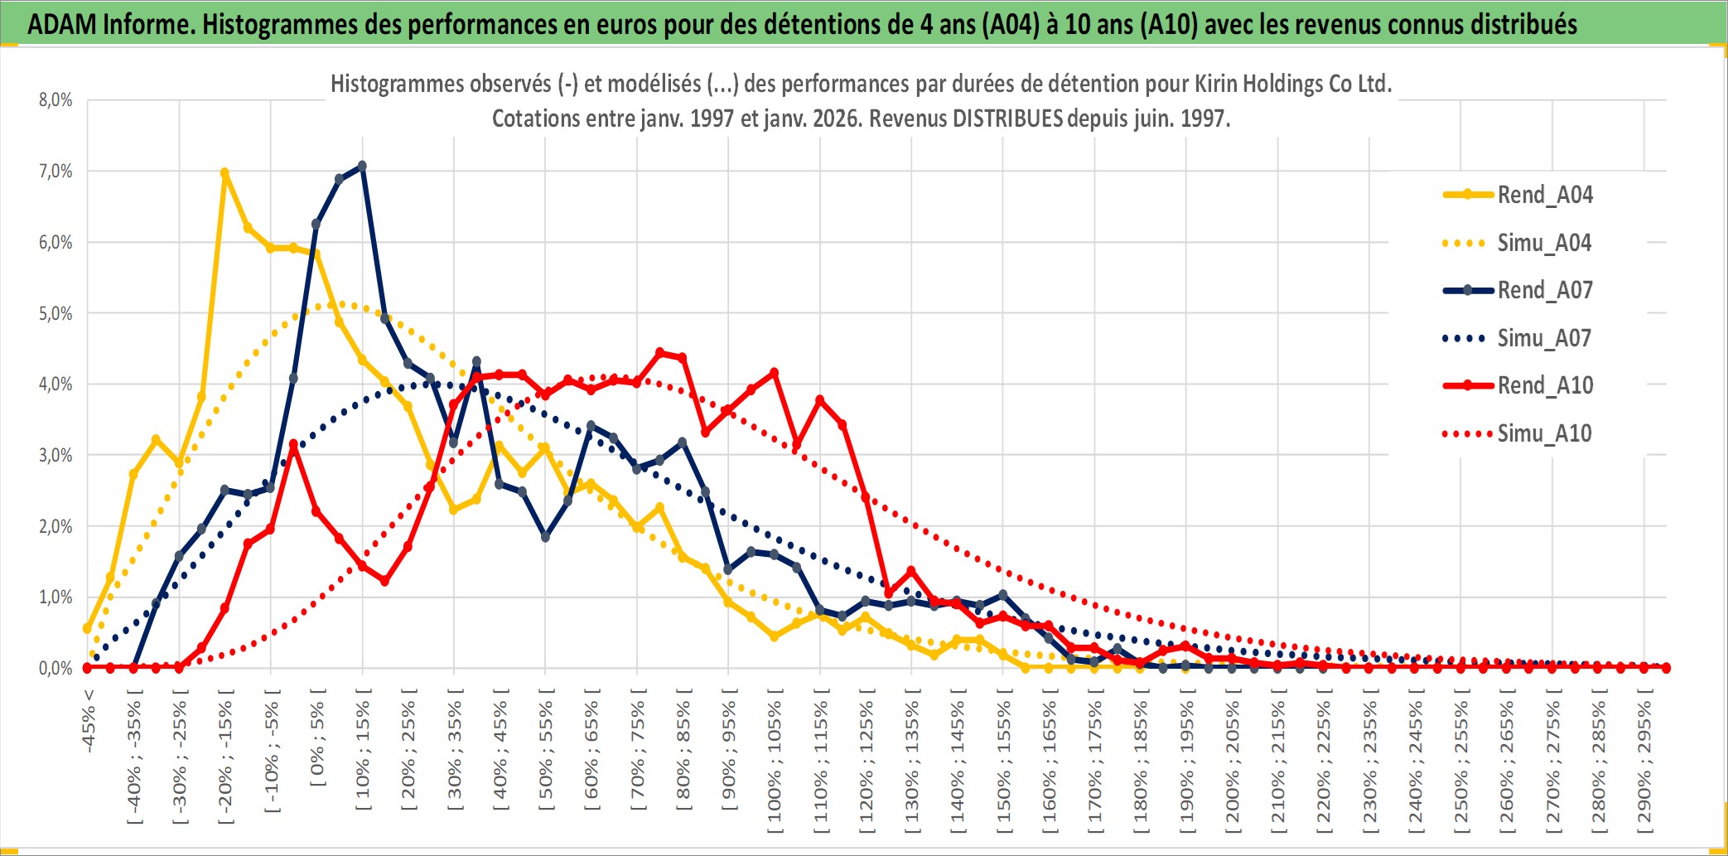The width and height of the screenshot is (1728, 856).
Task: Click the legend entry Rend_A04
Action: pyautogui.click(x=1544, y=195)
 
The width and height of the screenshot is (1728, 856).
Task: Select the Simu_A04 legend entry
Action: pyautogui.click(x=1544, y=243)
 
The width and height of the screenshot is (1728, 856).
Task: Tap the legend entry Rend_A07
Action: pyautogui.click(x=1544, y=290)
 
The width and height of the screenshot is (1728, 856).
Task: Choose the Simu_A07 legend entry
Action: pyautogui.click(x=1544, y=338)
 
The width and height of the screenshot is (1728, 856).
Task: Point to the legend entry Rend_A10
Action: pyautogui.click(x=1544, y=385)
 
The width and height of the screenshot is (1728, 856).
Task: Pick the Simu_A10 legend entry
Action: pyautogui.click(x=1544, y=433)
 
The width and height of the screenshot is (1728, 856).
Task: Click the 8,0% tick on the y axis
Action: pyautogui.click(x=56, y=100)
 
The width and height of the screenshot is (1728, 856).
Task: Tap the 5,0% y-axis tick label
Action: pyautogui.click(x=56, y=313)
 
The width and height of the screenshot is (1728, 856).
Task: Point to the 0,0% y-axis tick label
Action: pyautogui.click(x=56, y=668)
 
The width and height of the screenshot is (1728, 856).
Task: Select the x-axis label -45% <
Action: pyautogui.click(x=89, y=721)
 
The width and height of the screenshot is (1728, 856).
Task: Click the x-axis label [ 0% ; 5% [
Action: pyautogui.click(x=317, y=738)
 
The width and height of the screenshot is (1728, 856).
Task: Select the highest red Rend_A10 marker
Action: pyautogui.click(x=660, y=353)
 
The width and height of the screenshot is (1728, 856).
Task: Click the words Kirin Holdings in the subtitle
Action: pyautogui.click(x=1259, y=84)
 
